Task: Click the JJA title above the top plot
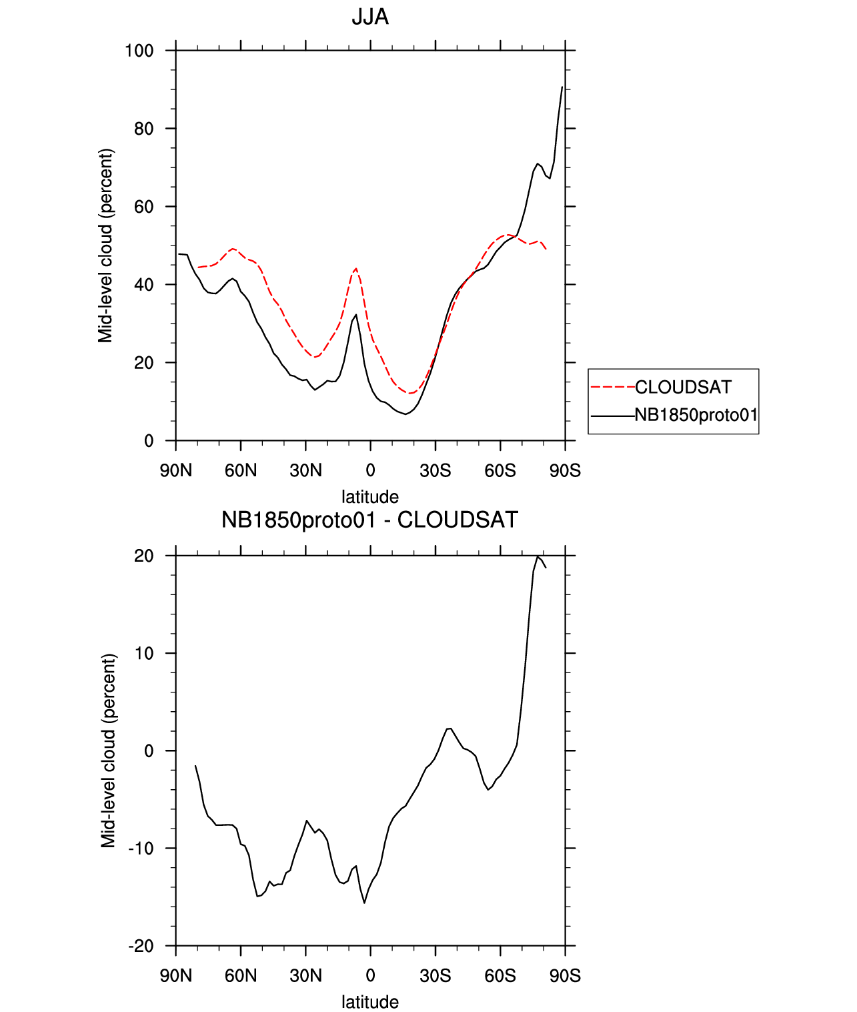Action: pyautogui.click(x=370, y=17)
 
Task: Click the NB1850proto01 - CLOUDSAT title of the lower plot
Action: pyautogui.click(x=369, y=520)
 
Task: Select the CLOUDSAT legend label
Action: pyautogui.click(x=683, y=387)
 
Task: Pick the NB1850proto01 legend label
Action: pyautogui.click(x=696, y=415)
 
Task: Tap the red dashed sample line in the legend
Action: pyautogui.click(x=612, y=387)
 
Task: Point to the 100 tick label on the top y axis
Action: pyautogui.click(x=139, y=51)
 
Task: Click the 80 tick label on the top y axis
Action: pyautogui.click(x=143, y=129)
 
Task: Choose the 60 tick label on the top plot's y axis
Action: pyautogui.click(x=143, y=207)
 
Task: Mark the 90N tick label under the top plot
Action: pyautogui.click(x=176, y=471)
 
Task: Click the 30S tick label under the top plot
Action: pyautogui.click(x=435, y=471)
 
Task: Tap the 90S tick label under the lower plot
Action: pyautogui.click(x=565, y=976)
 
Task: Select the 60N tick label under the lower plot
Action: pyautogui.click(x=241, y=976)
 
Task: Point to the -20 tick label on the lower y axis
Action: pyautogui.click(x=141, y=946)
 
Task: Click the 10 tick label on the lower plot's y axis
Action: pyautogui.click(x=144, y=654)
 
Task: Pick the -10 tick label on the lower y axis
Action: pyautogui.click(x=141, y=849)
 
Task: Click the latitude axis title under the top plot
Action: pyautogui.click(x=370, y=497)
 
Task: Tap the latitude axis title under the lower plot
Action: pyautogui.click(x=370, y=1002)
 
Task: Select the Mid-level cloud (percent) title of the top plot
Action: pyautogui.click(x=106, y=245)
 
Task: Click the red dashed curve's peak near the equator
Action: pyautogui.click(x=355, y=268)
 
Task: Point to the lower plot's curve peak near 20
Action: pyautogui.click(x=538, y=556)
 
